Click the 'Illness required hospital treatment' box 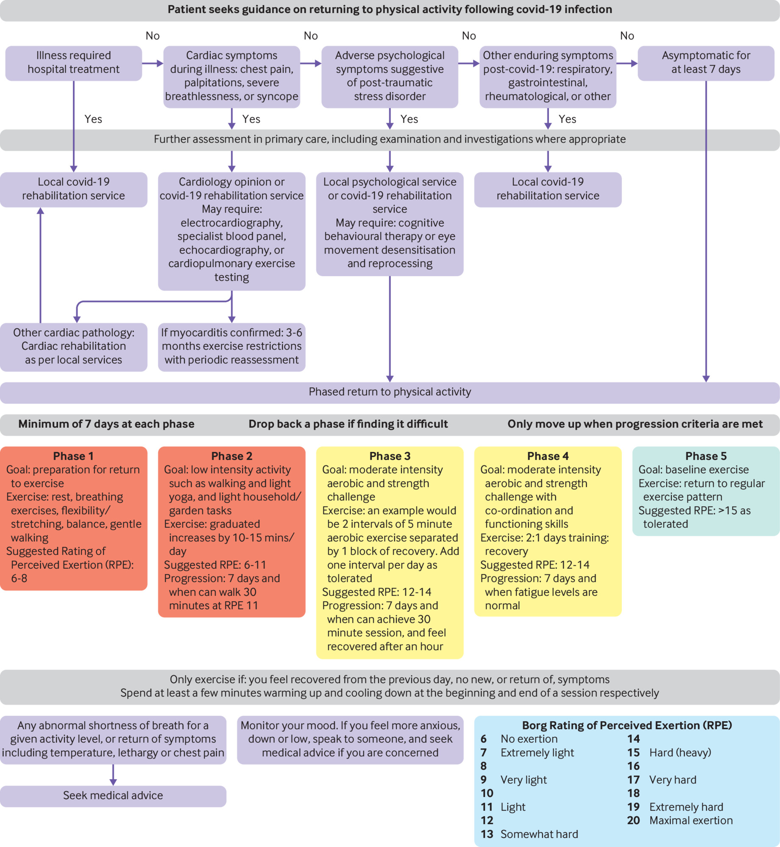(x=73, y=63)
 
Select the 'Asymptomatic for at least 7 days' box (x=705, y=63)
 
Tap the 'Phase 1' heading (x=73, y=456)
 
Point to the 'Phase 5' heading (x=705, y=456)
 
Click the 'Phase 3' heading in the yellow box (x=390, y=456)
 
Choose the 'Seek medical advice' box (x=113, y=795)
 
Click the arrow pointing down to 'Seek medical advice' (x=113, y=775)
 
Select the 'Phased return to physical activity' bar (x=390, y=392)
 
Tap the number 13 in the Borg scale (x=487, y=834)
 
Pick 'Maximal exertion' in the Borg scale (x=691, y=820)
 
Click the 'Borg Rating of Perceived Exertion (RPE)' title (x=627, y=725)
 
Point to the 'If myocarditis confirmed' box (x=231, y=346)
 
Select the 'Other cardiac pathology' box (x=73, y=346)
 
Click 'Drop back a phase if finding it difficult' (x=348, y=424)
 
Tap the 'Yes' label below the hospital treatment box (x=93, y=119)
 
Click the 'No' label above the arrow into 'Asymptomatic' (x=627, y=36)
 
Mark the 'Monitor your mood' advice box (x=350, y=739)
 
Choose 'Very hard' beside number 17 (x=672, y=780)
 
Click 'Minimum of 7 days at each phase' (x=106, y=424)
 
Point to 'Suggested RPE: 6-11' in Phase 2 (x=215, y=565)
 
